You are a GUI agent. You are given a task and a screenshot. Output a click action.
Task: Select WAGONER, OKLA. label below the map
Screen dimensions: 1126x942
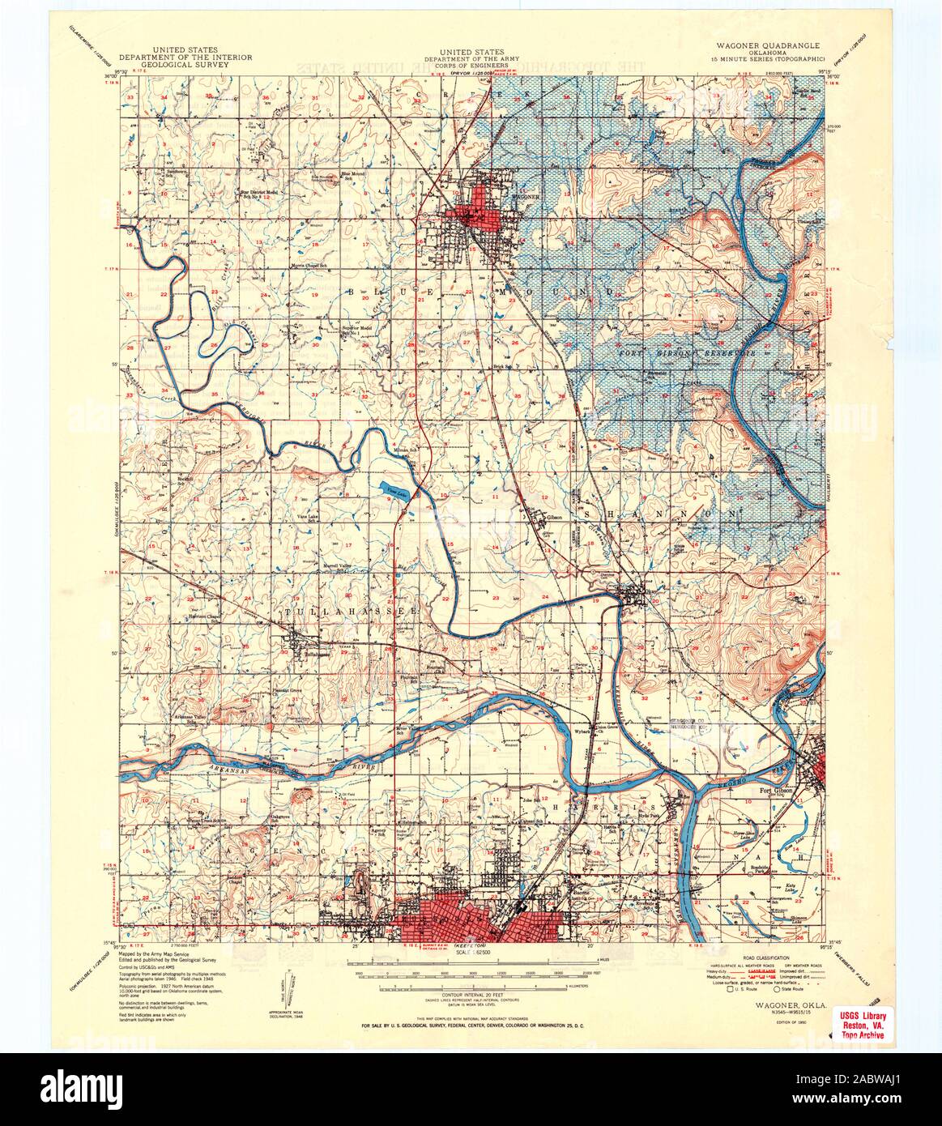(775, 1004)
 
